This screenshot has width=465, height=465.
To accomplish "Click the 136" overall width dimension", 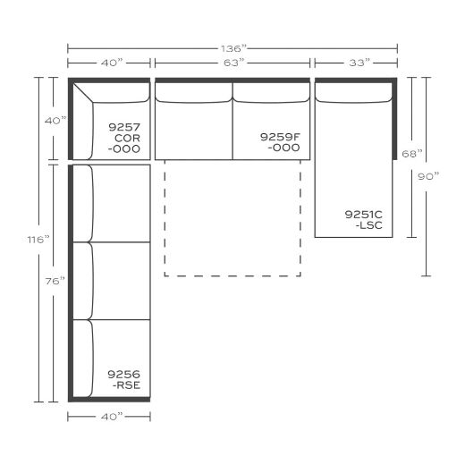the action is click(x=233, y=48).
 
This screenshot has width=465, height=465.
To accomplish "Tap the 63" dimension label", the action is click(x=233, y=63).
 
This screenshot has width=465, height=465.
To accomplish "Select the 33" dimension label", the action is click(x=359, y=63).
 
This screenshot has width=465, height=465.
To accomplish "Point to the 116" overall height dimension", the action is click(x=38, y=240).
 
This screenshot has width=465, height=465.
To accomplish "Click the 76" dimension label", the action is click(x=55, y=281).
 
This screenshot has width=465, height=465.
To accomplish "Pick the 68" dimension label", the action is click(x=412, y=154).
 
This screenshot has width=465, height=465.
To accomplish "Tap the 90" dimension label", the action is click(x=428, y=176).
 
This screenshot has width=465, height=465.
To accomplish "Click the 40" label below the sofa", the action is click(x=112, y=417).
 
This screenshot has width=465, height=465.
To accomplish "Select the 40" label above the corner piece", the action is click(x=112, y=63).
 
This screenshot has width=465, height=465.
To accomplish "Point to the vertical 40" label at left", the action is click(x=55, y=121).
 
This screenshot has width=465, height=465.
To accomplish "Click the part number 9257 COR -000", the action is click(x=124, y=138).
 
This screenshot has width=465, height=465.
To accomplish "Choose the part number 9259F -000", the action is click(x=280, y=142).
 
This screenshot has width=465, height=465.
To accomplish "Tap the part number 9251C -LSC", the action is click(x=364, y=220).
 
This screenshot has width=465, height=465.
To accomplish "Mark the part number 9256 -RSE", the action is click(x=124, y=379).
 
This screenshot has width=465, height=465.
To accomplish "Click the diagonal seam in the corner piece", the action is click(x=83, y=93).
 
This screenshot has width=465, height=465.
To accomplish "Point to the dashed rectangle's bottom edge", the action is click(x=232, y=276).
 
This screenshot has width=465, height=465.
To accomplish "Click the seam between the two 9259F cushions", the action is click(x=232, y=121).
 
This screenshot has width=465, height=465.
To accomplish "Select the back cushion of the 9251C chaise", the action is click(x=353, y=92).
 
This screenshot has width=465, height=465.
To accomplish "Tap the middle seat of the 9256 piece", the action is click(x=112, y=281).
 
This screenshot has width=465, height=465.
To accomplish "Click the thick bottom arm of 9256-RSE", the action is click(x=109, y=400).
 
